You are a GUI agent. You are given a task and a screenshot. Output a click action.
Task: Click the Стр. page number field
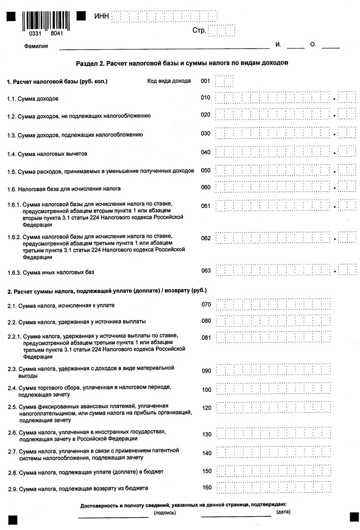coord(221,31)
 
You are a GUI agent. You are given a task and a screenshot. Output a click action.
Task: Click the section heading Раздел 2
coord(181,63)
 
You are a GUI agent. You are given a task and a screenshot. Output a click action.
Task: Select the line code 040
coord(206,152)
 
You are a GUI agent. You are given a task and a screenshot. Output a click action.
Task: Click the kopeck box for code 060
coord(347,187)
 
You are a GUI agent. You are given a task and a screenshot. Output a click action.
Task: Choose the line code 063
coord(206,271)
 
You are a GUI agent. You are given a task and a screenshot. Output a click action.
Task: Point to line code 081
coord(206,337)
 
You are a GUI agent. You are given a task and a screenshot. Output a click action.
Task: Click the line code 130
coord(207,435)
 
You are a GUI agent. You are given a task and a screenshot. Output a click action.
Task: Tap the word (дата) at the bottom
coord(283,512)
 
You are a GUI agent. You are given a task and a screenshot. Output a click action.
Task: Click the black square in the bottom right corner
coord(354,517)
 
